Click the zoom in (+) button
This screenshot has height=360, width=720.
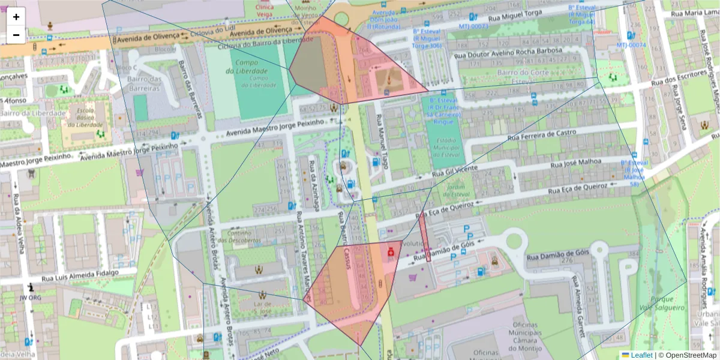pos(16,16)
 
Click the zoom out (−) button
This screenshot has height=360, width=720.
pos(16,35)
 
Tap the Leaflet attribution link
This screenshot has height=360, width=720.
pos(641,355)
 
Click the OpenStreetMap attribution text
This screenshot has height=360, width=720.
pos(690,355)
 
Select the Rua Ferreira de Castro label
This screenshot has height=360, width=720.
pos(542,135)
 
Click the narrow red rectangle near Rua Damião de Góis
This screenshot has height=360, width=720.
pos(424,237)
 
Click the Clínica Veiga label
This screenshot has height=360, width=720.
pos(264,11)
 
